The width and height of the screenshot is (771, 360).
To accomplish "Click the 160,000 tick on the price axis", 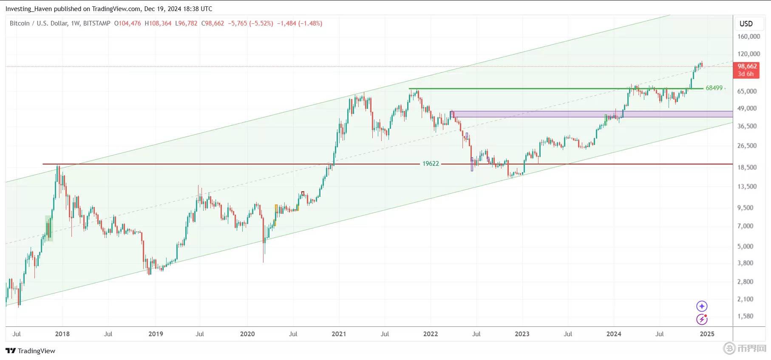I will point(748,37).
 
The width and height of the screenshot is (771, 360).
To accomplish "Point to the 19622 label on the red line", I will point(430,164).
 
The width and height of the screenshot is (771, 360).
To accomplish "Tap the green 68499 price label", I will point(714,88).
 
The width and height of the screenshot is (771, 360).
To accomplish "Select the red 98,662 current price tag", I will point(747,66).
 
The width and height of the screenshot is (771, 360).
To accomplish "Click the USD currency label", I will point(746,24).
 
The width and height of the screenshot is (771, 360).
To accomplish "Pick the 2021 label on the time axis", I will point(339,334).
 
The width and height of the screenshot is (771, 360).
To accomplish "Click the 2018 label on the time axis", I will point(62,334).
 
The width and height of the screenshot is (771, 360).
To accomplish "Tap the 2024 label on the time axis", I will point(614,334).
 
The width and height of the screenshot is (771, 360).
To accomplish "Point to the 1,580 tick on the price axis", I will point(745,316).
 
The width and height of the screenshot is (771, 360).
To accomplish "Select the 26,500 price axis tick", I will point(747,146).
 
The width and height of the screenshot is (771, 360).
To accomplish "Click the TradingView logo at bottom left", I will point(30,351).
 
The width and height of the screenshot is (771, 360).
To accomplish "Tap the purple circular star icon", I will point(702,306).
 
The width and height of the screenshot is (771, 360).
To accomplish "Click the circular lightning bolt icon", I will point(702,319).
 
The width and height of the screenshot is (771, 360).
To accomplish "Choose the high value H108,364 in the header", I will point(158,23).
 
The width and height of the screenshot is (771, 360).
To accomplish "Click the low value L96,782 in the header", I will point(186,23).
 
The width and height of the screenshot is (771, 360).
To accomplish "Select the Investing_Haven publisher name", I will point(28,9).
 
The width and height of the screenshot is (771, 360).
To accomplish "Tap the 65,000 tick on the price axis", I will point(747,91).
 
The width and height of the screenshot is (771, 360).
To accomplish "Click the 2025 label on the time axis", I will point(707,334).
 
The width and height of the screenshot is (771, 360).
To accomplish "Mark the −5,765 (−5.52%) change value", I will point(250,23).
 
